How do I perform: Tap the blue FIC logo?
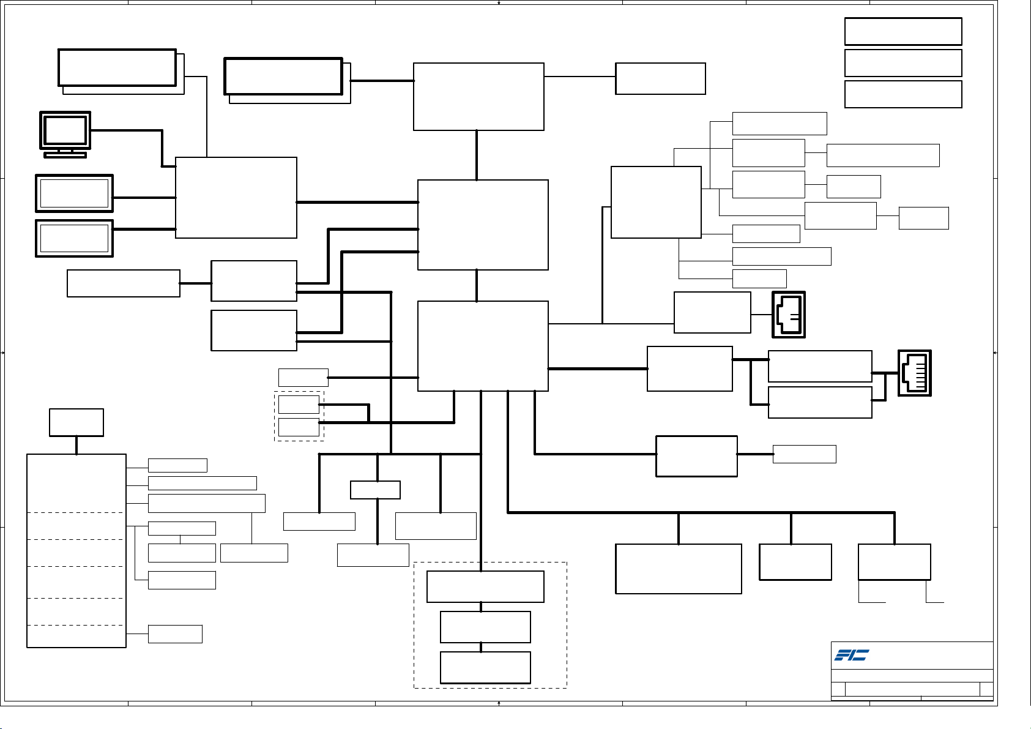(x=851, y=655)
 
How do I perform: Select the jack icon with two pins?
(x=789, y=315)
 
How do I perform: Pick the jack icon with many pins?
(x=914, y=373)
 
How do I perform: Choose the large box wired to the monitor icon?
(x=236, y=197)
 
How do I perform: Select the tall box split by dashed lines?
(x=76, y=550)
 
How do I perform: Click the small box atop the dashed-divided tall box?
(x=76, y=422)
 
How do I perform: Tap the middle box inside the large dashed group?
(x=485, y=627)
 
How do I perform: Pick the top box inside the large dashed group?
(x=485, y=586)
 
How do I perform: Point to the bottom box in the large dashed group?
(x=485, y=667)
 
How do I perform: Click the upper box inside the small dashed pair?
(x=299, y=405)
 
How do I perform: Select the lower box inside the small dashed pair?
(x=299, y=427)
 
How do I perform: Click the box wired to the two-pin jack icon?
(x=712, y=312)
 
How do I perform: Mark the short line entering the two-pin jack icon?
(x=761, y=315)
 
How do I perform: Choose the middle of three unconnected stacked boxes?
(x=903, y=63)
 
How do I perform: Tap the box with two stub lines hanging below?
(x=895, y=562)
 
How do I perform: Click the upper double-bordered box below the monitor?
(x=74, y=193)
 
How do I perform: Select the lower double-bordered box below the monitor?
(x=74, y=238)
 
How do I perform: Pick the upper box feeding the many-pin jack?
(x=820, y=366)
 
